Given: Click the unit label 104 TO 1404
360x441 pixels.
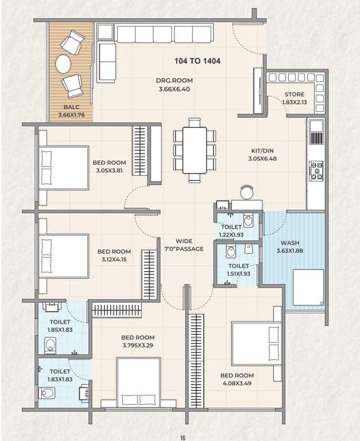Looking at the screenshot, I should click(x=198, y=60).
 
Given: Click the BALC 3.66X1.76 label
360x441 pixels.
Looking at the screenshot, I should click(x=71, y=111).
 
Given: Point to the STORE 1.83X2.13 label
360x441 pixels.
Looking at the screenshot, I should click(x=298, y=99).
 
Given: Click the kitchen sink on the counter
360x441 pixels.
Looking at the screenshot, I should click(x=316, y=137).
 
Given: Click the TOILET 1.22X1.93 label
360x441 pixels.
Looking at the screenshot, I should click(x=231, y=231).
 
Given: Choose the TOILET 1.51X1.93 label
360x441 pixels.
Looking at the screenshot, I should click(x=238, y=270).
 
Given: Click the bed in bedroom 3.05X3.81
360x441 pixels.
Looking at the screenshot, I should click(x=64, y=168).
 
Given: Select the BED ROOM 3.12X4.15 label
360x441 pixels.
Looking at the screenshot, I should click(x=114, y=255).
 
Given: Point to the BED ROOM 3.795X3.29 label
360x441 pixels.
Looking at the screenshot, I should click(x=138, y=341).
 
